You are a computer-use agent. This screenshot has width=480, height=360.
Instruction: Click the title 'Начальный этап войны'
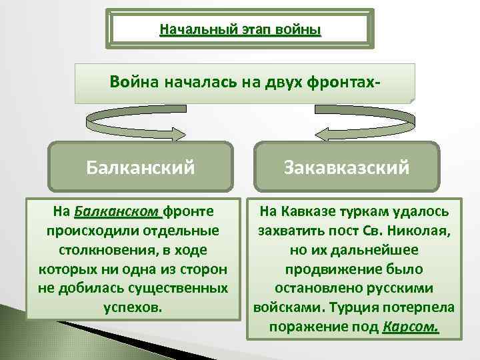coord(240,30)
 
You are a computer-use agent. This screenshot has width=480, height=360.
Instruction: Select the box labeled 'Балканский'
coord(141,166)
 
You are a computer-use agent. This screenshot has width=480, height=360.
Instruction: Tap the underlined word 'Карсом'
coord(411,327)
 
